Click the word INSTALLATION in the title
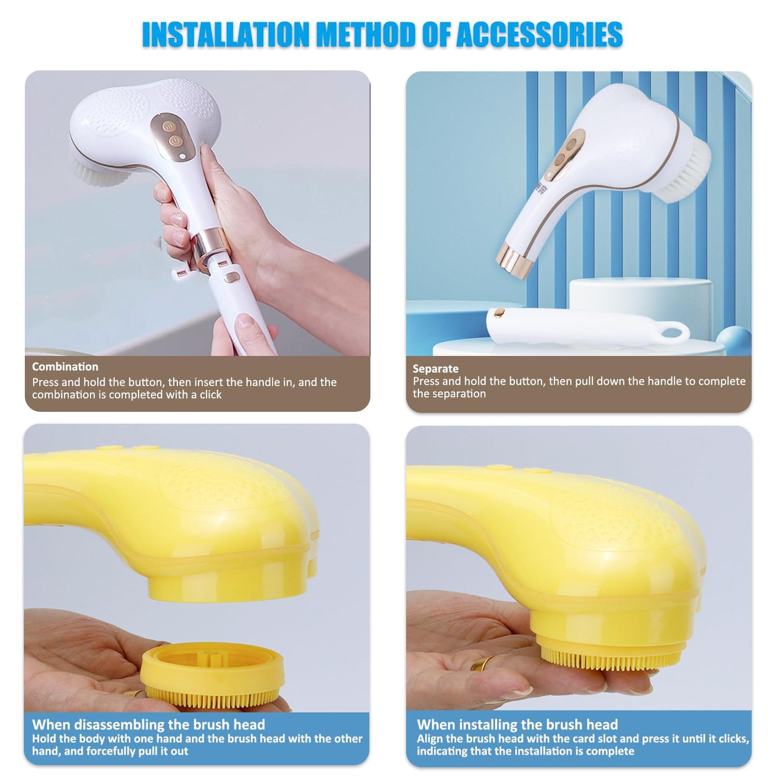[x=225, y=35]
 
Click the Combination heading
[x=65, y=367]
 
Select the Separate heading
[x=436, y=369]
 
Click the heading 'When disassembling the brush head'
[x=148, y=724]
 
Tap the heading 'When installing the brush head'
[x=517, y=724]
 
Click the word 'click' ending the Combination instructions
[x=211, y=395]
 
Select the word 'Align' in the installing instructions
[x=429, y=739]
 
